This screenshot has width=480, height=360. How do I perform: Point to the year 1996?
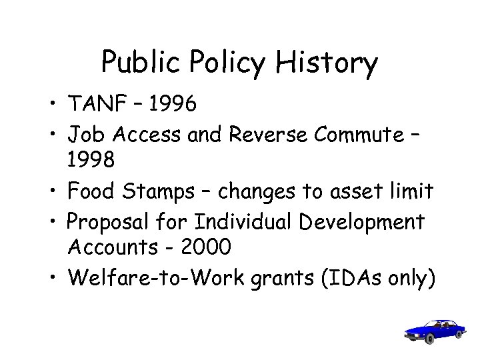173,104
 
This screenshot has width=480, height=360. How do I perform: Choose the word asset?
351,191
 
